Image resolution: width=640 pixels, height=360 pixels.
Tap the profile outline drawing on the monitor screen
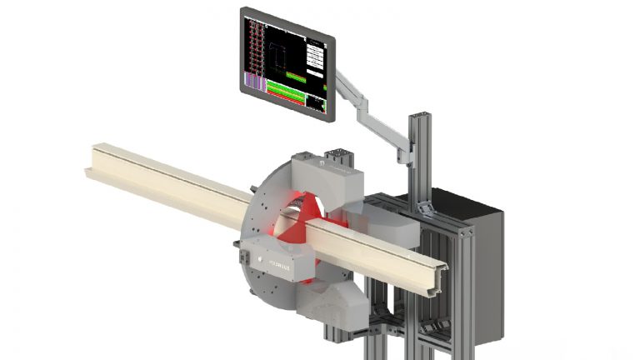[x=279, y=57]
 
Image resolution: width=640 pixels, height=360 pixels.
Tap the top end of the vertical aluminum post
[x=419, y=115]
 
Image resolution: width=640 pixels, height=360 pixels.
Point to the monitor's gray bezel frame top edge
[x=287, y=13]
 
